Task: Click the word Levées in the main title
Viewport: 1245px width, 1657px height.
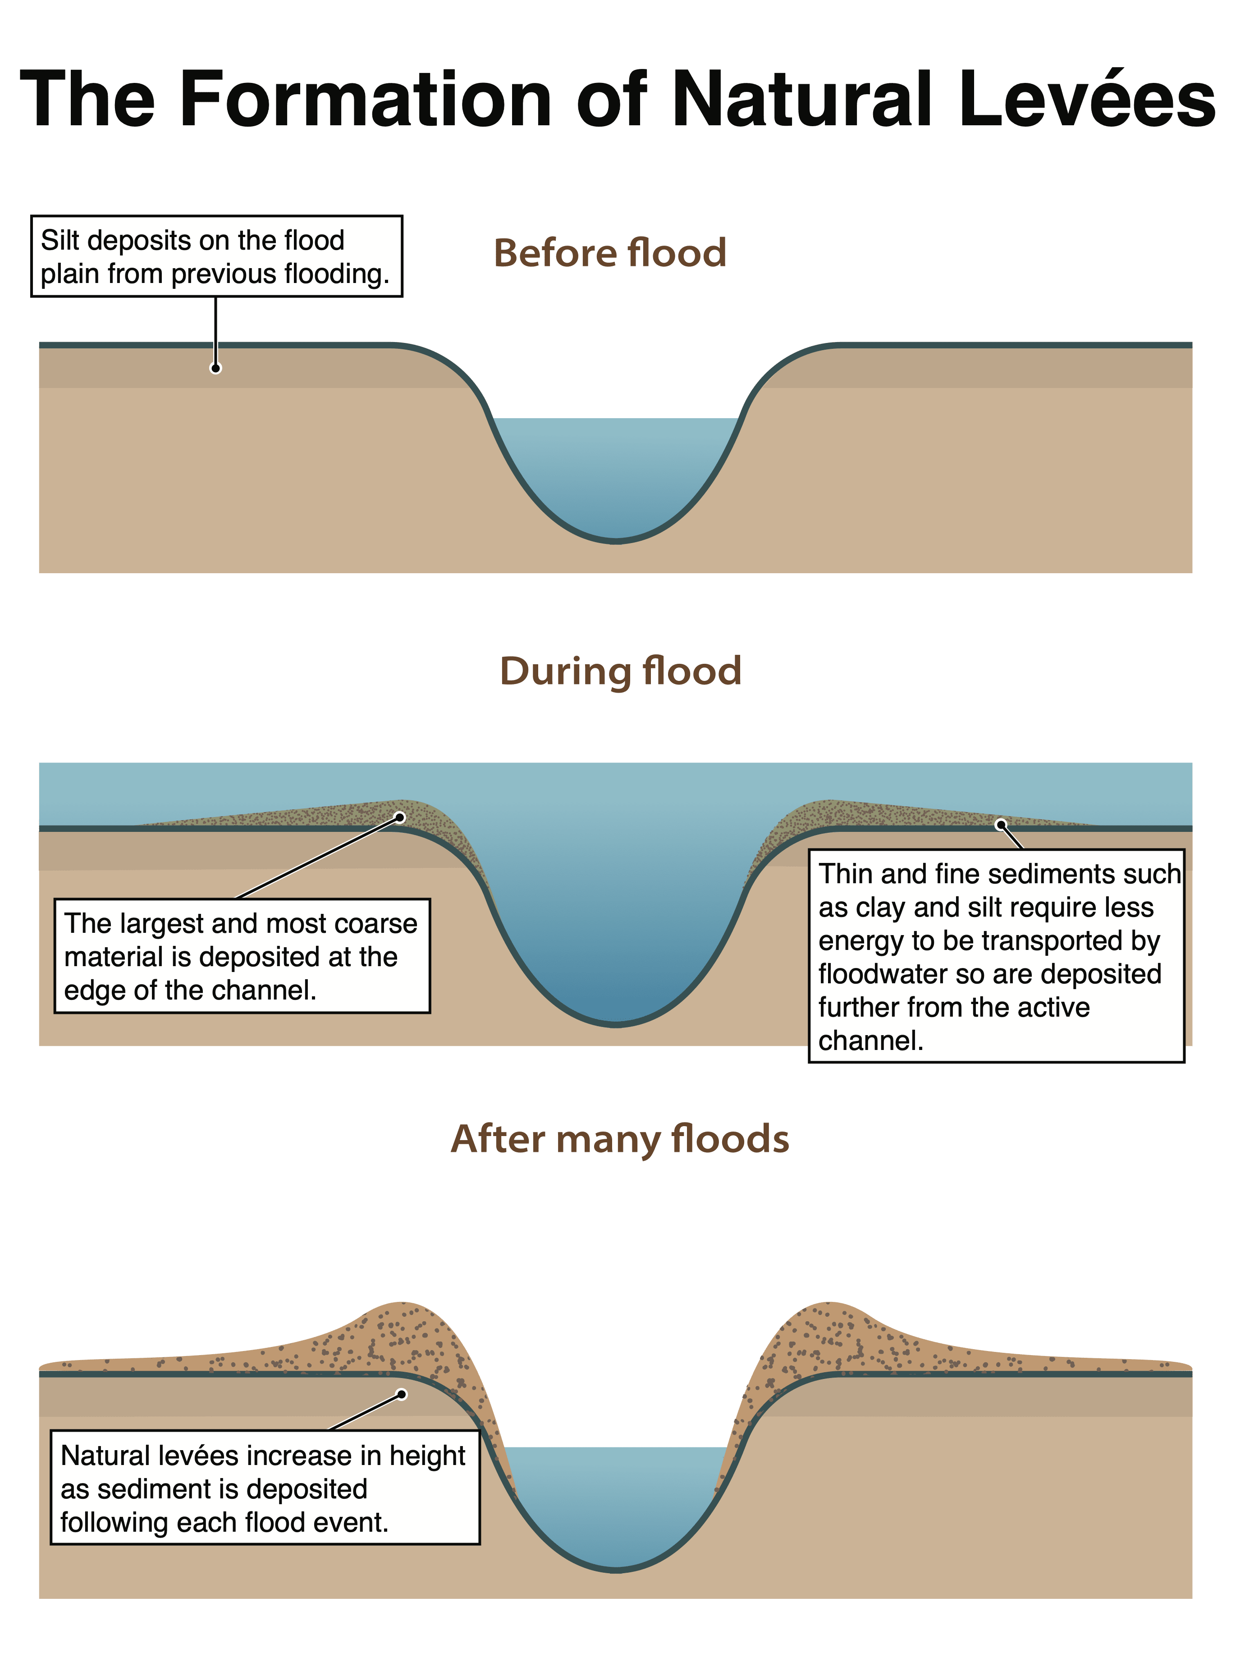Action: (x=1086, y=100)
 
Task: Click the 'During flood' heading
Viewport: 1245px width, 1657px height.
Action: (x=620, y=671)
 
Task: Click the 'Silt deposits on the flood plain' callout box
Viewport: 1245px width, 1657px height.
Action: (x=216, y=257)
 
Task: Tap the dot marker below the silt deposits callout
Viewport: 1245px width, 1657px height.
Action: (x=216, y=368)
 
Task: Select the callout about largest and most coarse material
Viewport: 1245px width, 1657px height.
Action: (x=242, y=956)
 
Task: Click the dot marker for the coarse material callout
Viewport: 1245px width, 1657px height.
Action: (x=400, y=817)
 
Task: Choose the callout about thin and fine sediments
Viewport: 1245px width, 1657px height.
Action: (x=996, y=956)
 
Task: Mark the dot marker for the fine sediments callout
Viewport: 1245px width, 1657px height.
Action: (x=1000, y=825)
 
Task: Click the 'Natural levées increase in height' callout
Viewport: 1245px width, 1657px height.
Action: (x=265, y=1489)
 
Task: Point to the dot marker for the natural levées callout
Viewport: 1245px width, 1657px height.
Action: (x=402, y=1395)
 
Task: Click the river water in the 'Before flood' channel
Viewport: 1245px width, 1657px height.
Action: (x=616, y=472)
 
